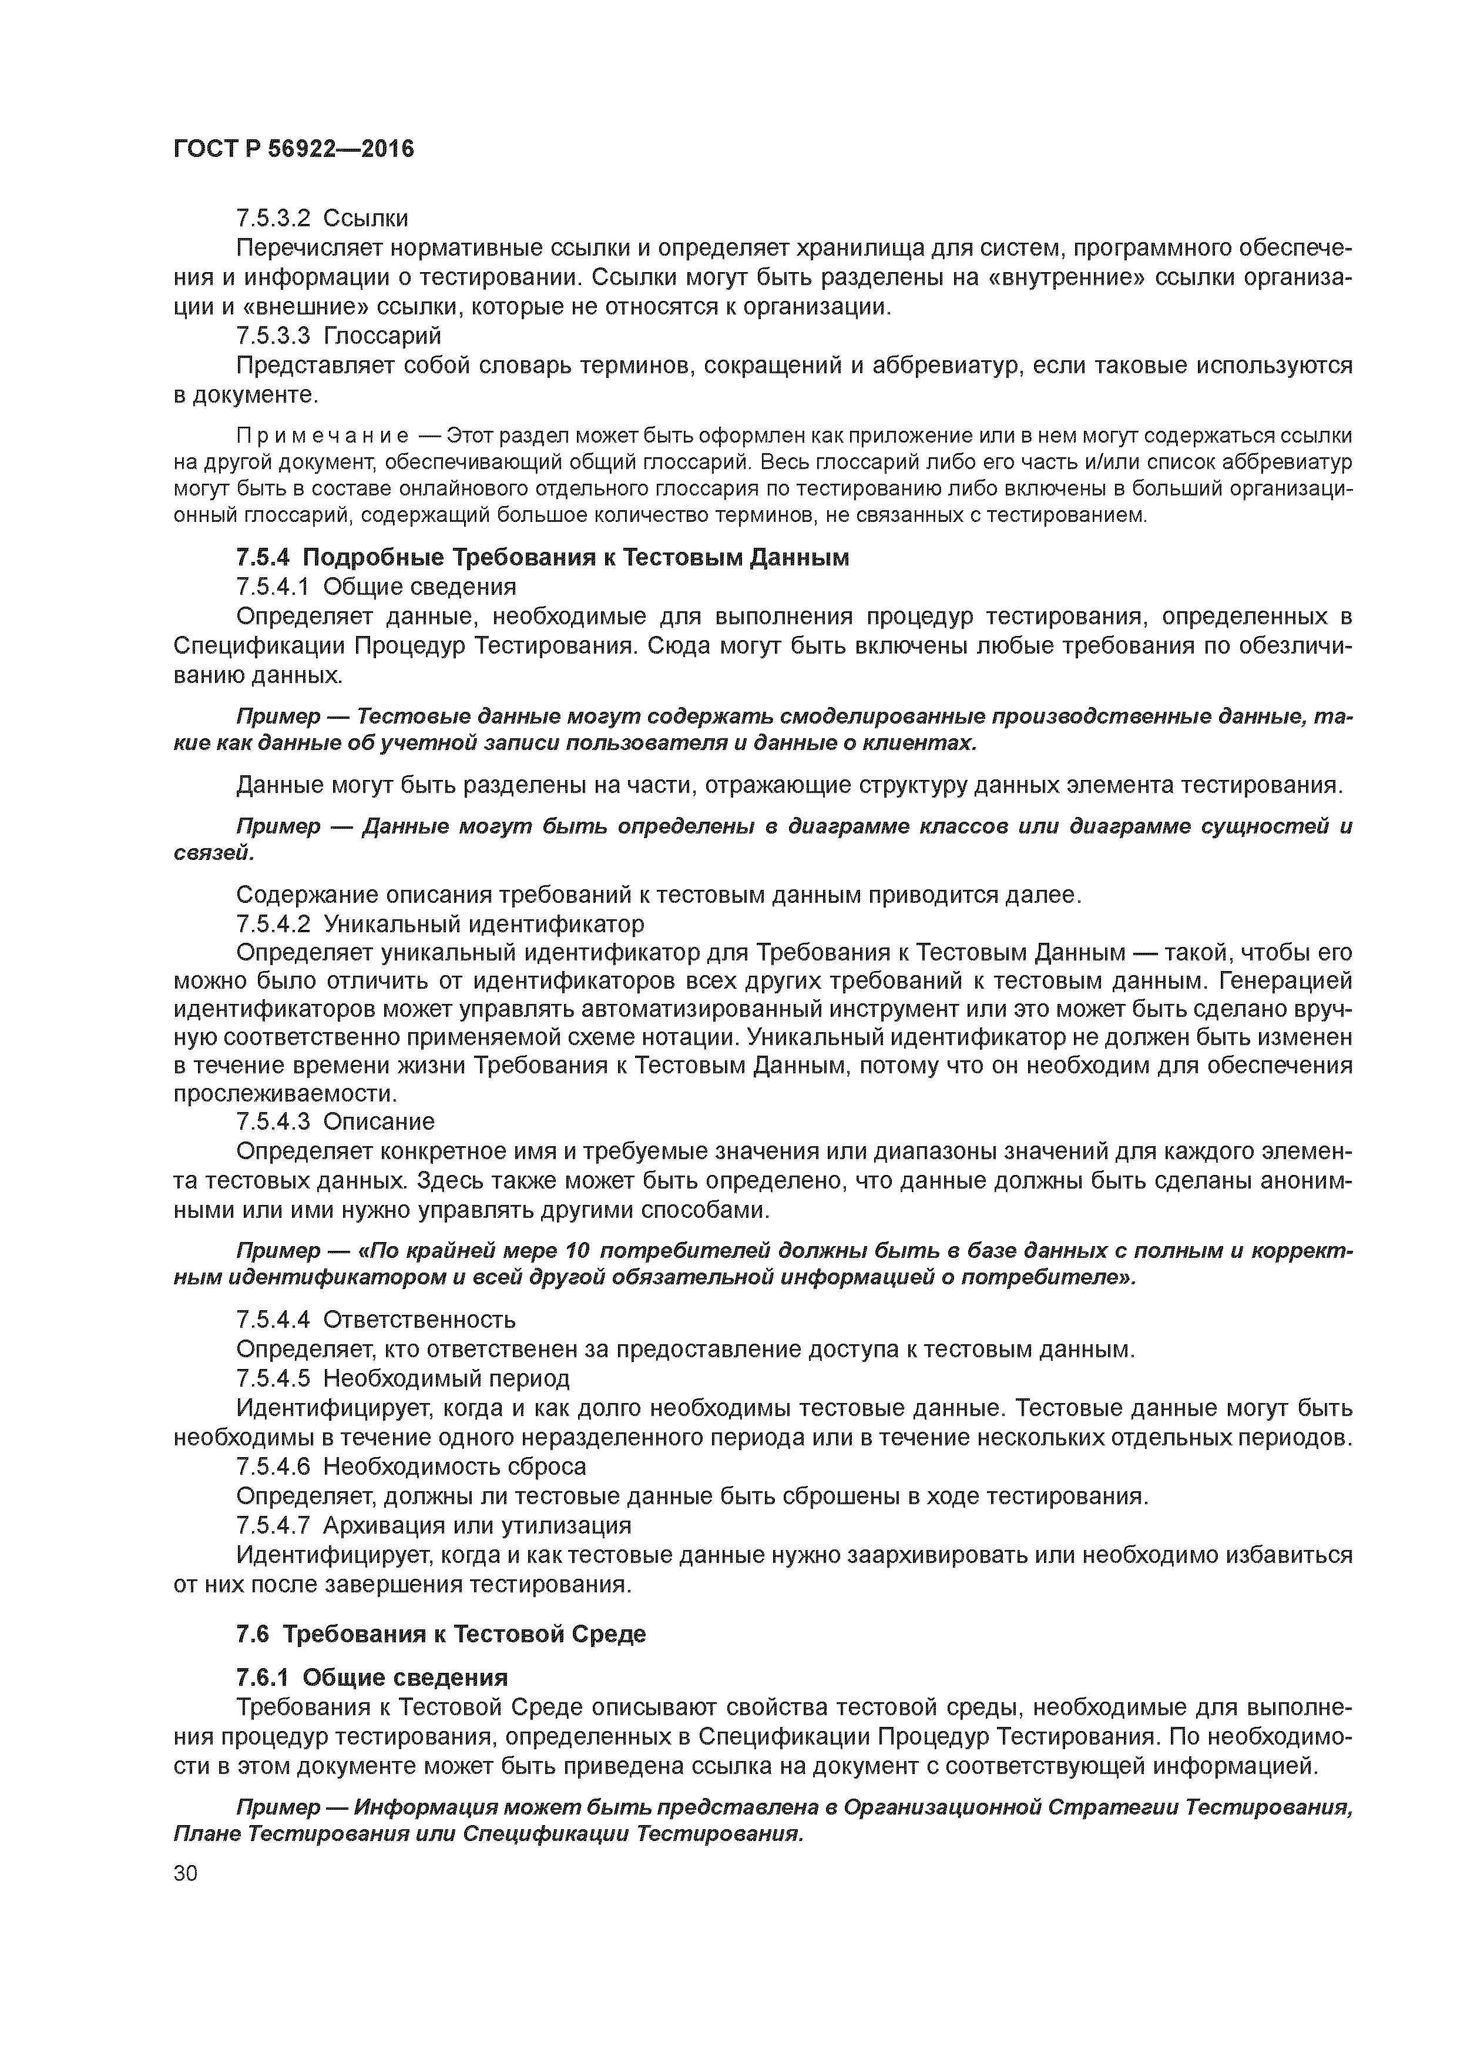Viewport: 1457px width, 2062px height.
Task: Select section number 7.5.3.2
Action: pyautogui.click(x=273, y=218)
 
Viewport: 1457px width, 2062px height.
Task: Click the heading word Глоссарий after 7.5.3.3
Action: pyautogui.click(x=382, y=336)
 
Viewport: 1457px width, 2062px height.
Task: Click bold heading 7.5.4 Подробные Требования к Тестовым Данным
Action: pyautogui.click(x=542, y=558)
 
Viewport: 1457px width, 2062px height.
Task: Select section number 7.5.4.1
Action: pyautogui.click(x=273, y=587)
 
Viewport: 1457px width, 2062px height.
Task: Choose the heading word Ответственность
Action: pyautogui.click(x=419, y=1319)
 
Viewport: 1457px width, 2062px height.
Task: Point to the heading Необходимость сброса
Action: pyautogui.click(x=454, y=1467)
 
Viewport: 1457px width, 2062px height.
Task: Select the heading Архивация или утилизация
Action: pyautogui.click(x=476, y=1525)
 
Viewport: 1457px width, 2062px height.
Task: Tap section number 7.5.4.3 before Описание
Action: pyautogui.click(x=273, y=1122)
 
